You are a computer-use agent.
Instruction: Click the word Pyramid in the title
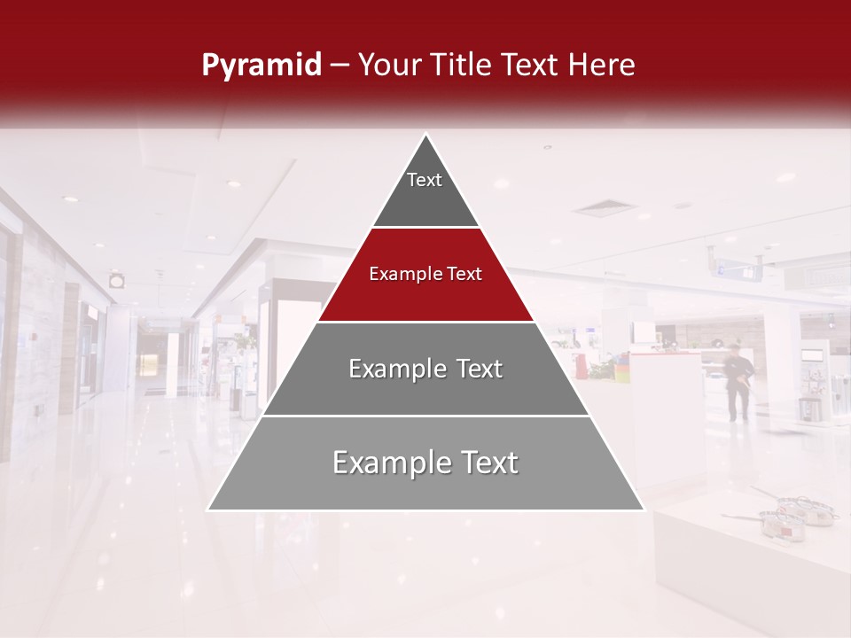tap(262, 66)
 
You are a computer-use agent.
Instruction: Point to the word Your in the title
tap(390, 65)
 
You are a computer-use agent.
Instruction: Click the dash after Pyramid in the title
tap(340, 66)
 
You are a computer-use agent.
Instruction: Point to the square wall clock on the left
tap(117, 280)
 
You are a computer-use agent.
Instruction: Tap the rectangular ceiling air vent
tap(604, 208)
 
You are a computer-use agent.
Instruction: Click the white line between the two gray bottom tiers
tap(425, 416)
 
